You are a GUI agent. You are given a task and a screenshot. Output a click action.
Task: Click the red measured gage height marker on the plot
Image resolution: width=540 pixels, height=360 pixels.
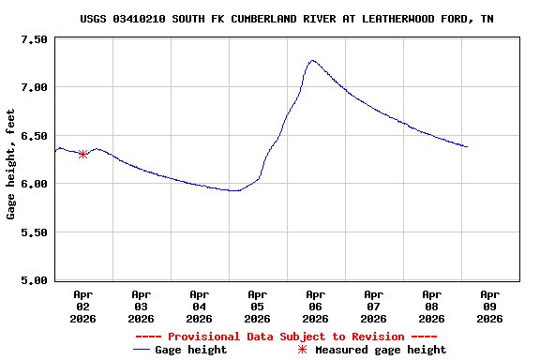pos(83,154)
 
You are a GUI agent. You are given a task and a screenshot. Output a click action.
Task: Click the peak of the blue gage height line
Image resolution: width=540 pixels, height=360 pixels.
pos(312,60)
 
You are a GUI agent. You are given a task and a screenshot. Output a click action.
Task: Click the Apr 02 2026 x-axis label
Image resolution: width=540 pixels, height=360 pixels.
pos(83,306)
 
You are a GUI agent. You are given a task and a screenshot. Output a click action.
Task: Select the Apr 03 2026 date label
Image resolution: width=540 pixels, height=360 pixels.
pos(142,306)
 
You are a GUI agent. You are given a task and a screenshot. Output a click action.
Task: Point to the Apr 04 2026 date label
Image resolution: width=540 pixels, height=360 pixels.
pos(200,306)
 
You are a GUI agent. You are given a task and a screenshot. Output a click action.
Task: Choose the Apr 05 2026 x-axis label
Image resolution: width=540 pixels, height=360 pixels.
pos(258,306)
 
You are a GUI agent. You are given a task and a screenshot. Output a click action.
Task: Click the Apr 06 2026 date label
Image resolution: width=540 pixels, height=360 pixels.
pos(316,306)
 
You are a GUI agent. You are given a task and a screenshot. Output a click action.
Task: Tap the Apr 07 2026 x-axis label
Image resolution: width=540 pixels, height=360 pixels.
pos(374,306)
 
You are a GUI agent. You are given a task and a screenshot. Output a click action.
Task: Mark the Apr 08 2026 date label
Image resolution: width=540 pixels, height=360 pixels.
pos(432,306)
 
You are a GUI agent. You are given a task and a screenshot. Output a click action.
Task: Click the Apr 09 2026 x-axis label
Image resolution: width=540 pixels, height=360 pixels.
pos(490,306)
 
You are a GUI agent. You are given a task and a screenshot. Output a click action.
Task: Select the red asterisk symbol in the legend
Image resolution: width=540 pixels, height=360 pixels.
pos(302,350)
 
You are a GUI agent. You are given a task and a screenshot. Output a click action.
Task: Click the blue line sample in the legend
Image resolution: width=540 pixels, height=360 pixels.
pos(142,350)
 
